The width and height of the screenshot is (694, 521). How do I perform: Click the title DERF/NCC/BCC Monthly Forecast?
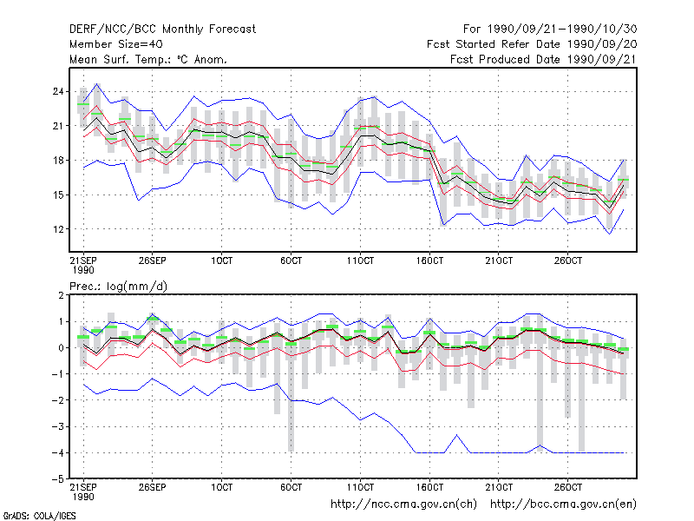[162, 30]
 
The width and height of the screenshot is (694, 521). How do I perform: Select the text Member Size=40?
[116, 44]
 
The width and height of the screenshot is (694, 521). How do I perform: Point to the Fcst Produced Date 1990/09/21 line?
[543, 59]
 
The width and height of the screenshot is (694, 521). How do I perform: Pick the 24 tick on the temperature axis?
[58, 92]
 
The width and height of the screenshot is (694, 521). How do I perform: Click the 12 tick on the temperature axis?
[58, 229]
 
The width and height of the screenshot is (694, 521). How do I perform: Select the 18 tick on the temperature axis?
[58, 161]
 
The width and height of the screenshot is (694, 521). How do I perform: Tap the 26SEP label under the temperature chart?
[153, 260]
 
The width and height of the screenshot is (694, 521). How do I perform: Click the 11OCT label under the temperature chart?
[360, 260]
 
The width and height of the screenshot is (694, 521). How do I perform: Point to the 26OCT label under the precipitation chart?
[568, 487]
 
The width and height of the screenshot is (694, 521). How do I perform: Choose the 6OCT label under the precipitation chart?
[291, 487]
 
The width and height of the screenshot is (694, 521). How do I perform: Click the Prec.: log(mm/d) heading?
[118, 287]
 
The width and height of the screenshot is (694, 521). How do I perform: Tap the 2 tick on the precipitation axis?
[61, 295]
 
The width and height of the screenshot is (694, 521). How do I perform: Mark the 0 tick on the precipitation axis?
[61, 348]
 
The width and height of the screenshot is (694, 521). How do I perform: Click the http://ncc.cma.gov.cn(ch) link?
[403, 505]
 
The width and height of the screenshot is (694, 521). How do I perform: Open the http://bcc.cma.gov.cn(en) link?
[563, 505]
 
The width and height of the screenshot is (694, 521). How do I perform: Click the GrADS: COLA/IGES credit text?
[39, 516]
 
